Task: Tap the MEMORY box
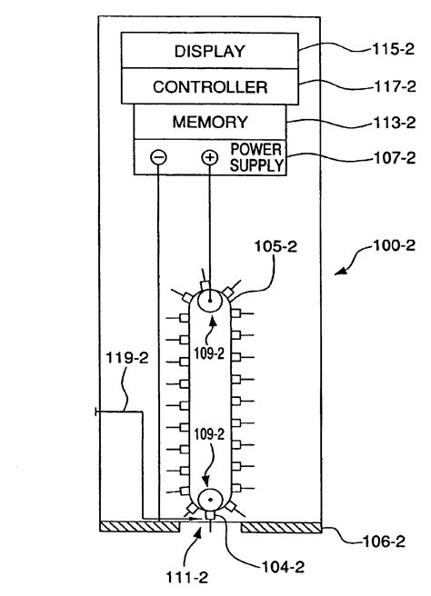coord(210,122)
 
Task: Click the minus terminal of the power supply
coord(158,157)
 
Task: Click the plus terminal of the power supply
coord(210,157)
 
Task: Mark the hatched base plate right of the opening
coord(282,526)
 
